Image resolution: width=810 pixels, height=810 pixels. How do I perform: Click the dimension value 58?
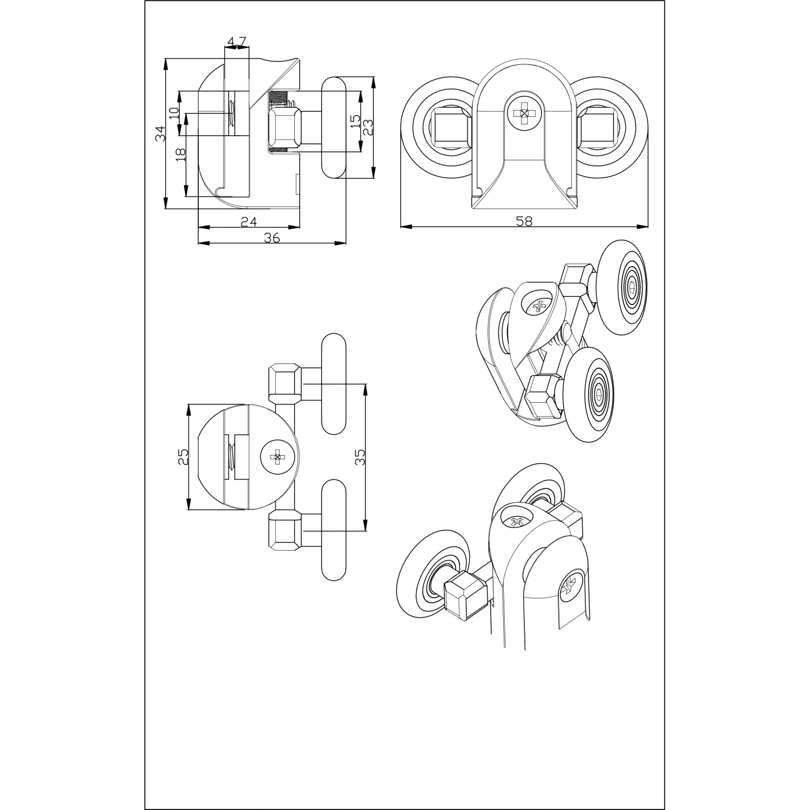(x=524, y=221)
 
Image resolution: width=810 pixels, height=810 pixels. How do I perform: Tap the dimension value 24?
(x=248, y=221)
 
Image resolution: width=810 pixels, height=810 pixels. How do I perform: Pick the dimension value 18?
(x=180, y=154)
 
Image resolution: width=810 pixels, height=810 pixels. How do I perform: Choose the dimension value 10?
(x=173, y=113)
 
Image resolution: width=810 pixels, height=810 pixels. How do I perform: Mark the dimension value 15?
(x=354, y=121)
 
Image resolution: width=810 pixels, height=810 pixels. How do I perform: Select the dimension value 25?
(x=183, y=457)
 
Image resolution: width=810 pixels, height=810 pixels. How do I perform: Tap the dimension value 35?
(x=360, y=457)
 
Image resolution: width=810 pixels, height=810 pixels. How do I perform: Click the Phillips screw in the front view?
(x=523, y=113)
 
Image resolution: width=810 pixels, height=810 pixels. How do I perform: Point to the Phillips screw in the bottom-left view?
(x=278, y=457)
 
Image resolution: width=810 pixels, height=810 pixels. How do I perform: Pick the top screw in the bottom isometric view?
(x=517, y=521)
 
